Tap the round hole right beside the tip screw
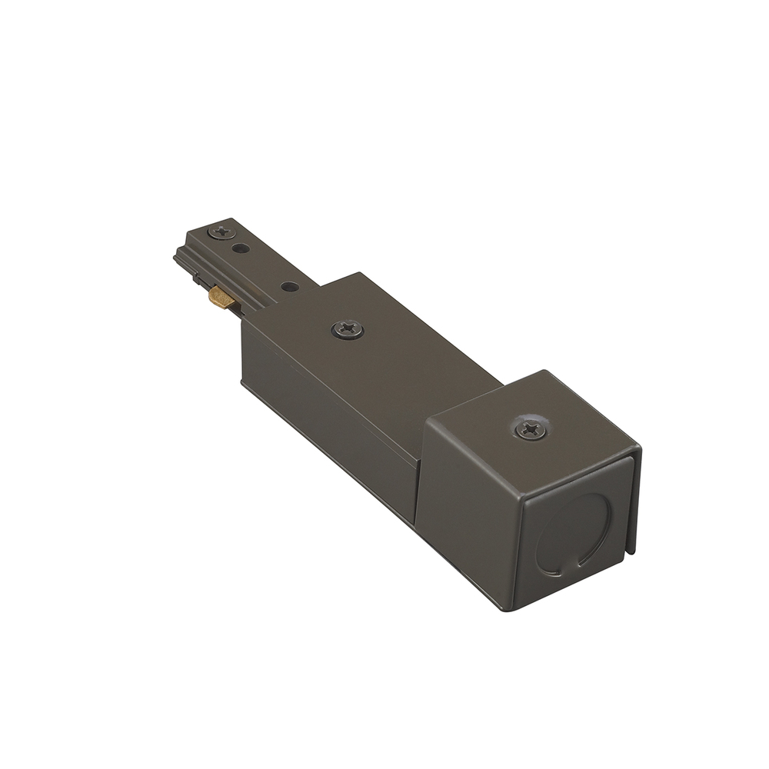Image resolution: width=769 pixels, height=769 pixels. tap(240, 248)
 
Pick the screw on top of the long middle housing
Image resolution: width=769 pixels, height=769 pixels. tap(348, 329)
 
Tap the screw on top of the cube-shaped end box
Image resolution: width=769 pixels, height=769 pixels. tap(531, 429)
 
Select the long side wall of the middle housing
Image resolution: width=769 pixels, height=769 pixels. tap(331, 415)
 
